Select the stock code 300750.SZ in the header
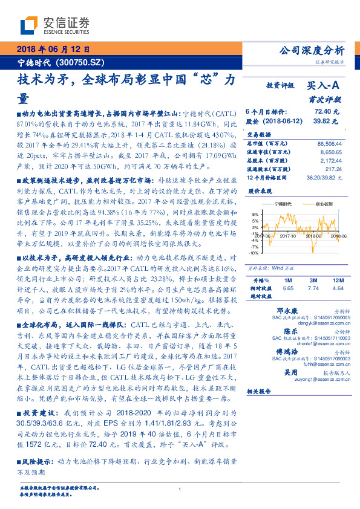(x=83, y=62)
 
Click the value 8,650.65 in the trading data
(x=329, y=154)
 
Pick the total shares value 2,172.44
(x=329, y=162)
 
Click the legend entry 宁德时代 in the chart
(x=283, y=206)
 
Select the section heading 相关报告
(x=261, y=392)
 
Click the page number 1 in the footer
(x=180, y=490)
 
